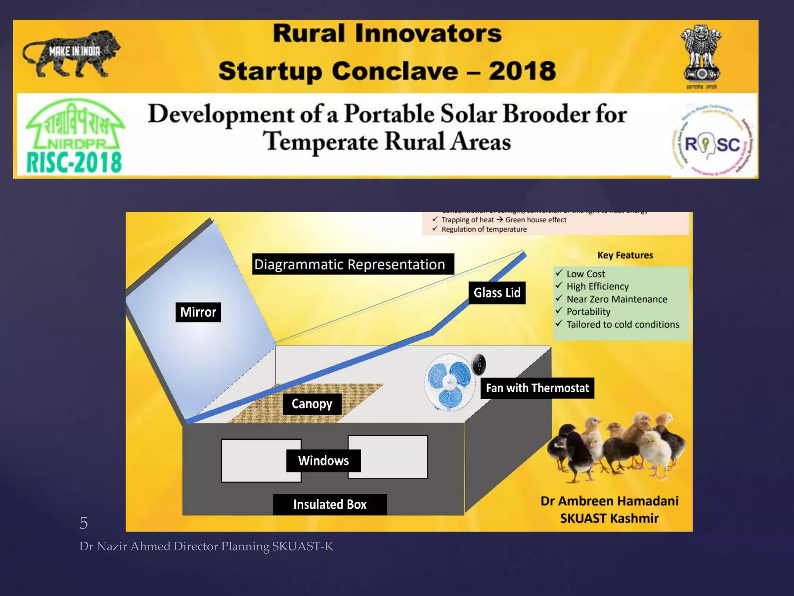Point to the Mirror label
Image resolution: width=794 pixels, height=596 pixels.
click(x=198, y=312)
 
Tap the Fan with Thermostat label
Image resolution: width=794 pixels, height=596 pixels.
click(x=537, y=388)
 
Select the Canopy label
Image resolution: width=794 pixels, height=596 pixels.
click(x=312, y=404)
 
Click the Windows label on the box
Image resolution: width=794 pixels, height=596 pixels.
click(x=323, y=461)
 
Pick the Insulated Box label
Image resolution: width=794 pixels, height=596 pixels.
click(x=330, y=504)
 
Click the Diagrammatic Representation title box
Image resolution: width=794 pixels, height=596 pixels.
click(x=353, y=264)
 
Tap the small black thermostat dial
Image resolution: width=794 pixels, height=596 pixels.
click(x=479, y=365)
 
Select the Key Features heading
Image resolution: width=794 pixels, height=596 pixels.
click(x=625, y=255)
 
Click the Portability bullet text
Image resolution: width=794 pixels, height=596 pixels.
click(x=588, y=312)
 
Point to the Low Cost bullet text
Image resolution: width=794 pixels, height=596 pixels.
click(x=585, y=274)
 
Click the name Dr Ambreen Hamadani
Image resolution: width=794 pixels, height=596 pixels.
click(x=609, y=501)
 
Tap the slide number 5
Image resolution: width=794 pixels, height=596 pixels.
click(x=83, y=523)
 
